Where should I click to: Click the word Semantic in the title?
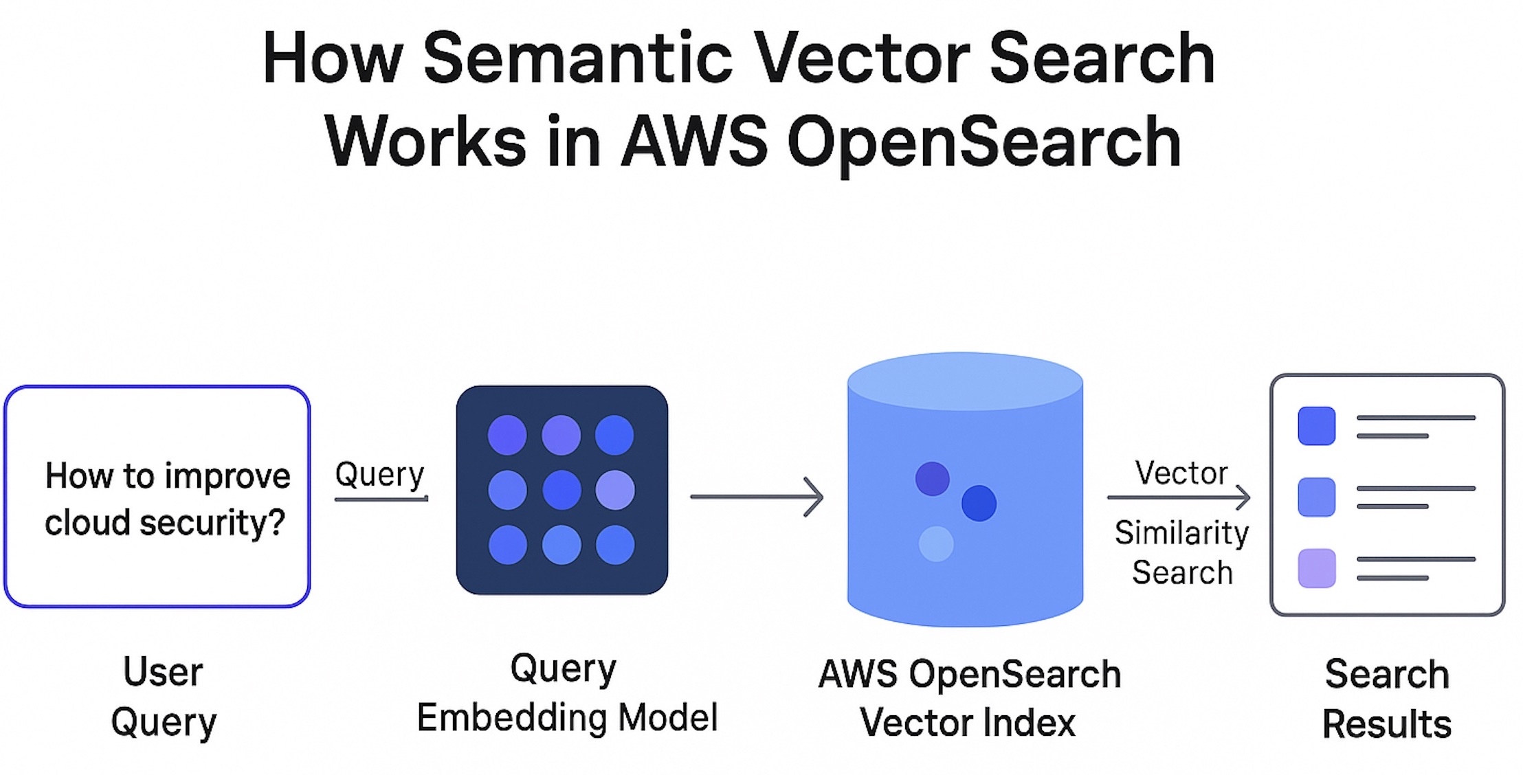(578, 59)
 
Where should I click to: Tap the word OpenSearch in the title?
(983, 143)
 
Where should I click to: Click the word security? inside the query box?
(212, 523)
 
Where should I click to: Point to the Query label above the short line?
(379, 474)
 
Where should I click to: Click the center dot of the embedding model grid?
(562, 490)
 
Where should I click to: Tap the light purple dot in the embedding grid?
(615, 490)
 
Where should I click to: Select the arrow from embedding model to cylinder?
(756, 496)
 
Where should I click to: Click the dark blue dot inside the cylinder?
(979, 503)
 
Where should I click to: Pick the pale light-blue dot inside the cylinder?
(936, 543)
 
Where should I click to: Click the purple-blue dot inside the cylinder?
(933, 479)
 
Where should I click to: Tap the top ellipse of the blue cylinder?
(965, 381)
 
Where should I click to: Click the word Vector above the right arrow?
(1181, 473)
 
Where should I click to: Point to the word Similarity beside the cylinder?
(1181, 532)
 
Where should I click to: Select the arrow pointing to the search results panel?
(1178, 497)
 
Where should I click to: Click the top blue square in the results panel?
(1316, 426)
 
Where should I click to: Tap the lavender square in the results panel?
(1316, 568)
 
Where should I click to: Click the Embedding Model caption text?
(567, 718)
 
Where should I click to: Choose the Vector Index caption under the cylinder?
(967, 723)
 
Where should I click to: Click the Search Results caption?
(1386, 699)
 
